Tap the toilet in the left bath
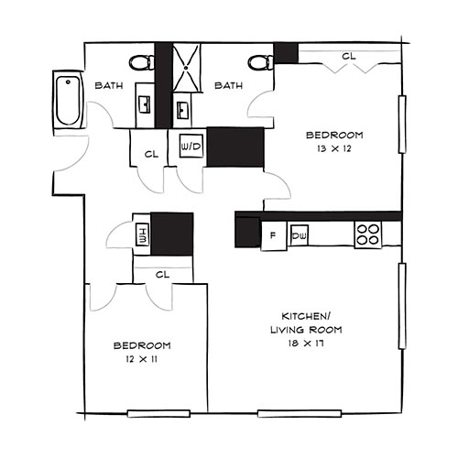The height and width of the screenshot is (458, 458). tap(142, 63)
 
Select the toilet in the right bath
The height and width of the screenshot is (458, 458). tap(259, 62)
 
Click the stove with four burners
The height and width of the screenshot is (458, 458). tap(368, 235)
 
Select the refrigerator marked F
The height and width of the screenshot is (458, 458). tap(272, 236)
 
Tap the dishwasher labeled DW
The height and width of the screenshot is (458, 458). tap(298, 236)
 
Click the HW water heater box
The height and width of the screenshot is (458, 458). tap(141, 234)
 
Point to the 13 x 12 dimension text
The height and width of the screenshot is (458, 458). tap(333, 148)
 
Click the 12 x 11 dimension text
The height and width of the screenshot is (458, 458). tap(142, 360)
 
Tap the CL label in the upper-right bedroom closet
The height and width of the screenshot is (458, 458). tap(348, 57)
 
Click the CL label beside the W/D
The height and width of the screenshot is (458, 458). tap(151, 154)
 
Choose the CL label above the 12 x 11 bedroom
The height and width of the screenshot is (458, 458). tap(162, 273)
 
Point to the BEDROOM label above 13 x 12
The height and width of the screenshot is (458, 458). tap(334, 134)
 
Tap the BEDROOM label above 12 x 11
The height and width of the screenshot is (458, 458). tap(142, 345)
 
